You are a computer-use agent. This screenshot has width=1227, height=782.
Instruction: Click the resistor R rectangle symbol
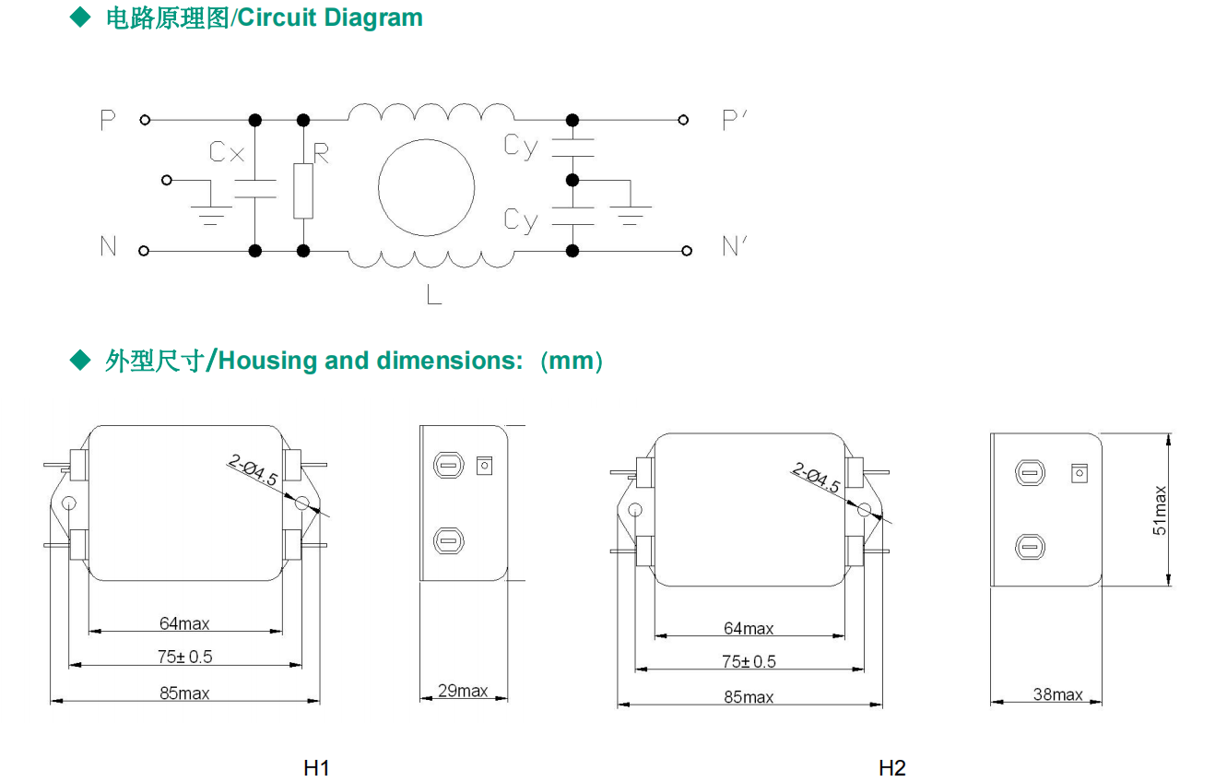[x=303, y=191]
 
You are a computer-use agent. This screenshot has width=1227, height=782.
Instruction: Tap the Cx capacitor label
[x=227, y=152]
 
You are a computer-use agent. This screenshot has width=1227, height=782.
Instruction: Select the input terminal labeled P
[x=144, y=120]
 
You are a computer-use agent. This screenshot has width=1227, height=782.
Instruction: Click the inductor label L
[x=434, y=295]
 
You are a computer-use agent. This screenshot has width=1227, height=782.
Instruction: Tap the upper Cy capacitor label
[x=521, y=146]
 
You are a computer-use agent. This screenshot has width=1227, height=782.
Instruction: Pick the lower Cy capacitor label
[x=521, y=219]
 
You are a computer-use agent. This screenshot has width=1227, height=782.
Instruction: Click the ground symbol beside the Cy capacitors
[x=631, y=214]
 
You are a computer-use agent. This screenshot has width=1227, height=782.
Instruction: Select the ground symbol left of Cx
[x=211, y=214]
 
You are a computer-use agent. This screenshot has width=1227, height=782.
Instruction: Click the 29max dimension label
[x=463, y=691]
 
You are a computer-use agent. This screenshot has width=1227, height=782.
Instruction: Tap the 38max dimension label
[x=1057, y=694]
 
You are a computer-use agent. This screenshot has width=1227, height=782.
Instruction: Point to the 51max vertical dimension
[x=1160, y=510]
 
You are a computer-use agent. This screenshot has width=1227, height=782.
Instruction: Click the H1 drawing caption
[x=316, y=767]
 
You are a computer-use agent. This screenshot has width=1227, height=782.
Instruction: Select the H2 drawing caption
[x=892, y=767]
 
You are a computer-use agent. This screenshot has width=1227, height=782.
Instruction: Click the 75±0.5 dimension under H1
[x=185, y=657]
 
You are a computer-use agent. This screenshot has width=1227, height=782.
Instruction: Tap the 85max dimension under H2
[x=749, y=697]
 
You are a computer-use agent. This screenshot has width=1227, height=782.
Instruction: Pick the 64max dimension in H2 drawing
[x=749, y=629]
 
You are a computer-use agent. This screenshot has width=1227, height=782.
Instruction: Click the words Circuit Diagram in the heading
[x=330, y=18]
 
